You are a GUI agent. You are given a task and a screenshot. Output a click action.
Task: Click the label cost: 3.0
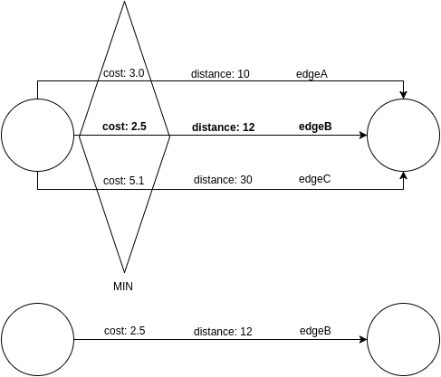pos(125,74)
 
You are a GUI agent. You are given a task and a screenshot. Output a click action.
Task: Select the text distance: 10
pos(220,74)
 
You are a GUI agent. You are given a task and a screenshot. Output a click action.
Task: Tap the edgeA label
pos(312,73)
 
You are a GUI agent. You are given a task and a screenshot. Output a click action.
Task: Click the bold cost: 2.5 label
pos(124,127)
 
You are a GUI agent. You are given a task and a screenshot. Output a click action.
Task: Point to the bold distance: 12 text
pos(223,127)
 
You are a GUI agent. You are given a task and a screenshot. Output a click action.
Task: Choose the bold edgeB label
pos(315,127)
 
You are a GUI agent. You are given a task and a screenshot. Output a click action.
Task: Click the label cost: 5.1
pos(125,180)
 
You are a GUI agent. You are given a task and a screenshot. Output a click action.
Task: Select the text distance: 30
pos(222,180)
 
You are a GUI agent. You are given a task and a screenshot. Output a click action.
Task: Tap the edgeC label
pos(314,179)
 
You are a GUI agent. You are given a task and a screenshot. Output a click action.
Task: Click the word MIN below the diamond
pos(124,286)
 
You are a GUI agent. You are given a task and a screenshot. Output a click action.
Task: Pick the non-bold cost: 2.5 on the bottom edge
pos(125,331)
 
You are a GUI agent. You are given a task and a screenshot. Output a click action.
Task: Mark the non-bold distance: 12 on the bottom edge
pos(222,332)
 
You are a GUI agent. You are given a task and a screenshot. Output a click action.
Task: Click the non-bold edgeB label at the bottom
pos(315,331)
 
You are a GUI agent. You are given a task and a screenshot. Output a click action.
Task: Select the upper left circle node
pos(37,136)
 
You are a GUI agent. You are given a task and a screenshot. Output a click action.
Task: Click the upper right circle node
pos(403,136)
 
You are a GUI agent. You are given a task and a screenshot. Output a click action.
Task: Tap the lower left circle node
pos(37,339)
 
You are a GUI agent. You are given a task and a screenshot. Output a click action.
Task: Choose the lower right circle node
pos(403,339)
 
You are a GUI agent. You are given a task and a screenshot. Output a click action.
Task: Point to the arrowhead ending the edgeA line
pos(403,94)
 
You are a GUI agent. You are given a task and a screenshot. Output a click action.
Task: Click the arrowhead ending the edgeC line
pos(403,177)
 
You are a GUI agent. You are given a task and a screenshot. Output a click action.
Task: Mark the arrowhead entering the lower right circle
pos(362,340)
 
